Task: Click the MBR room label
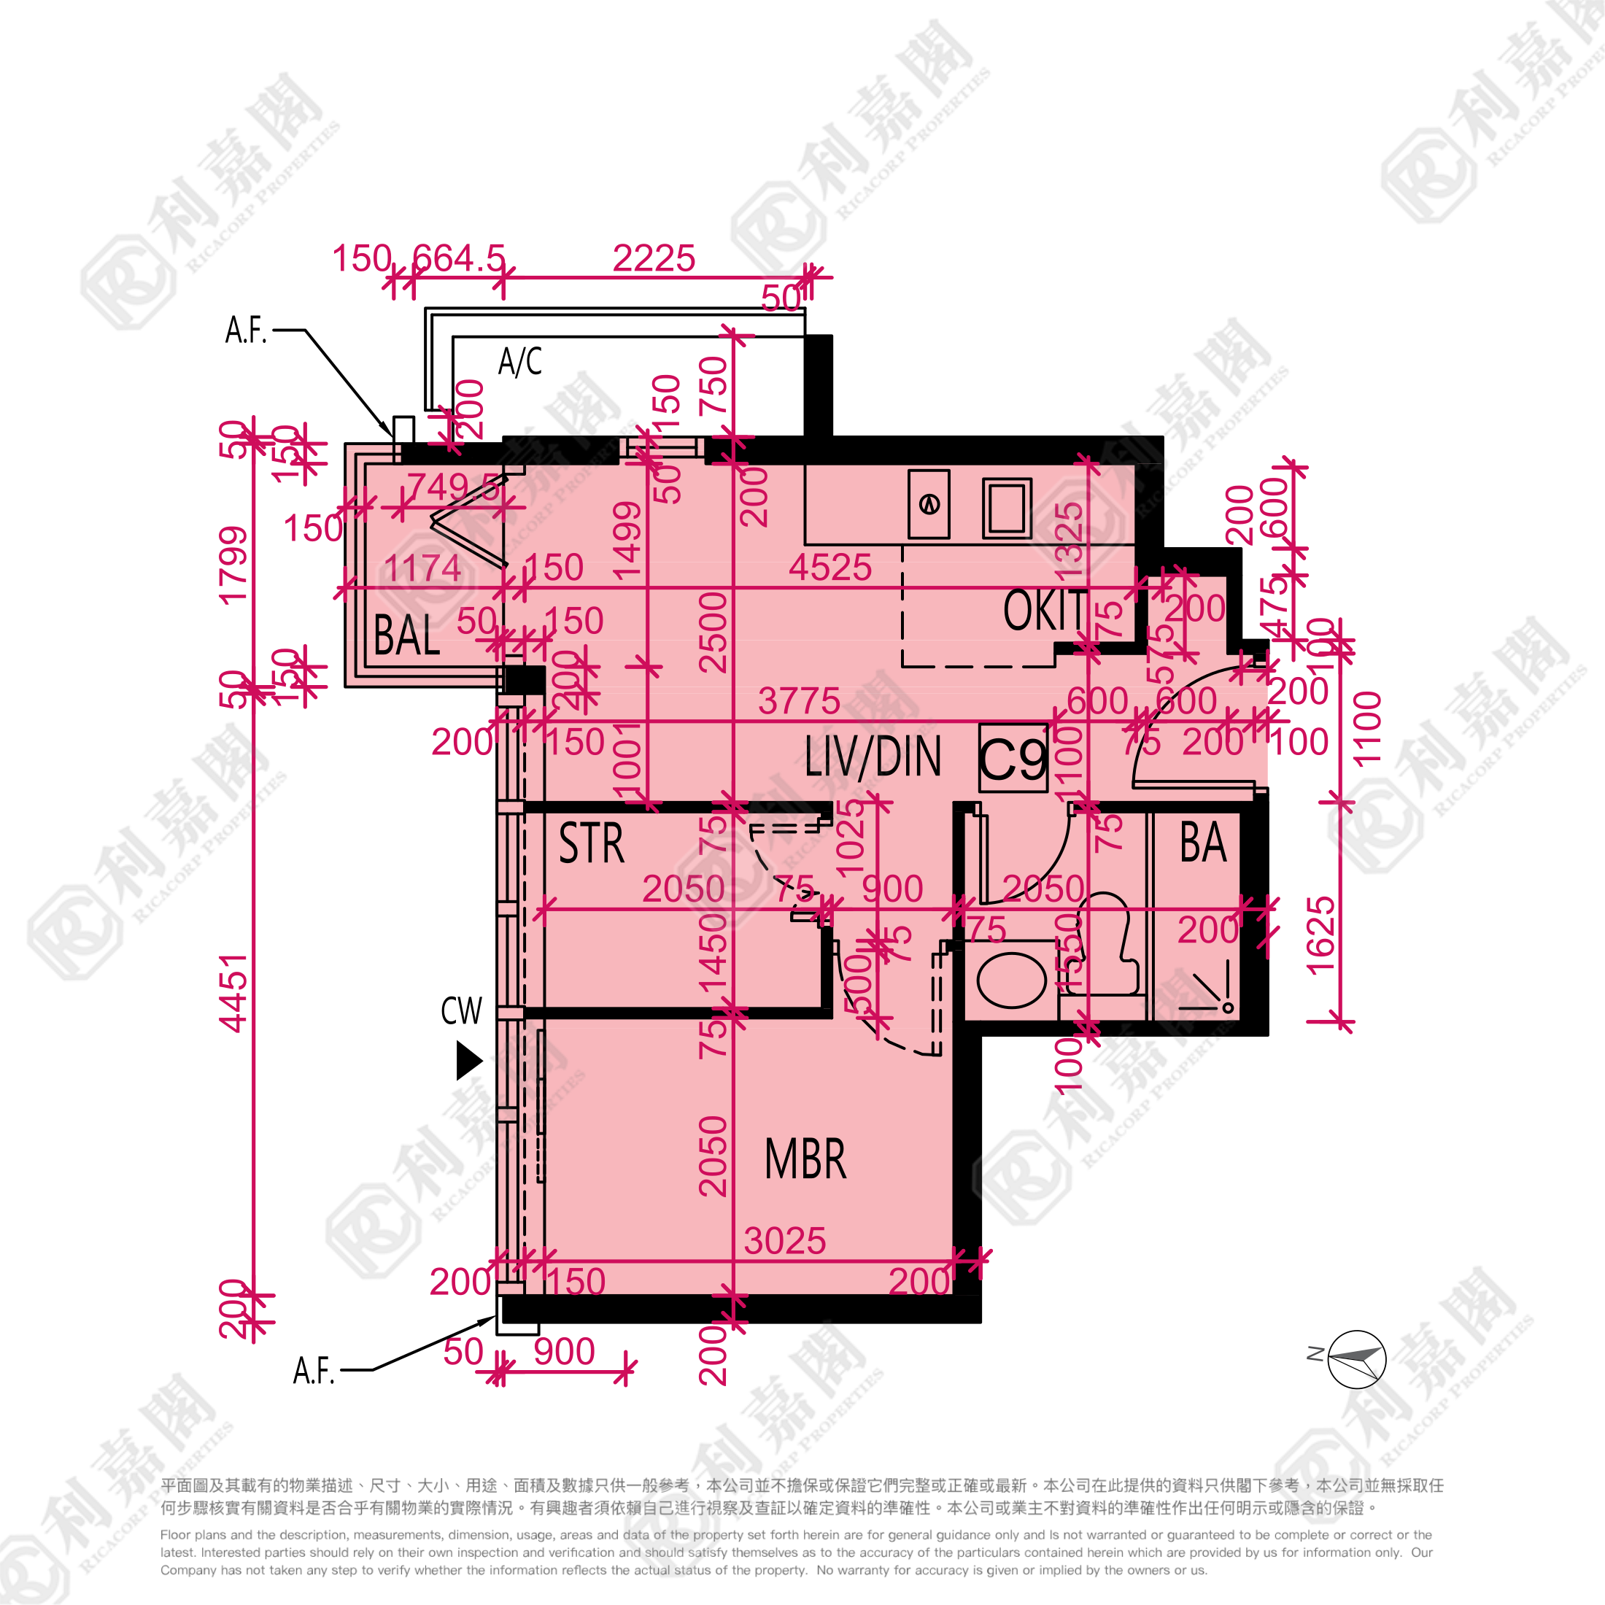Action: tap(805, 1160)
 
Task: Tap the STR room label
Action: tap(592, 844)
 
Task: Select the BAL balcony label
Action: tap(406, 635)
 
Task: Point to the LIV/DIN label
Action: tap(873, 757)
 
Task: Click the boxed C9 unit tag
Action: tap(1013, 759)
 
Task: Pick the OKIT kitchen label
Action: tap(1044, 611)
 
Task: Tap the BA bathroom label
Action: tap(1203, 843)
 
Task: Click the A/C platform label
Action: tap(520, 361)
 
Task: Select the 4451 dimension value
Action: tap(233, 993)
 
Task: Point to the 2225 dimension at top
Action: tap(654, 258)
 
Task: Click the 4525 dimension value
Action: tap(830, 568)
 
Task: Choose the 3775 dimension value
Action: tap(798, 701)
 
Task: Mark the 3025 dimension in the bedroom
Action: tap(784, 1241)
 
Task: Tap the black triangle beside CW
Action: tap(468, 1061)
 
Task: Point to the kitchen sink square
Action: tap(1007, 508)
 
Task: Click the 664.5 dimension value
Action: tap(459, 258)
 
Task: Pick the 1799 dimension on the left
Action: tap(233, 565)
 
